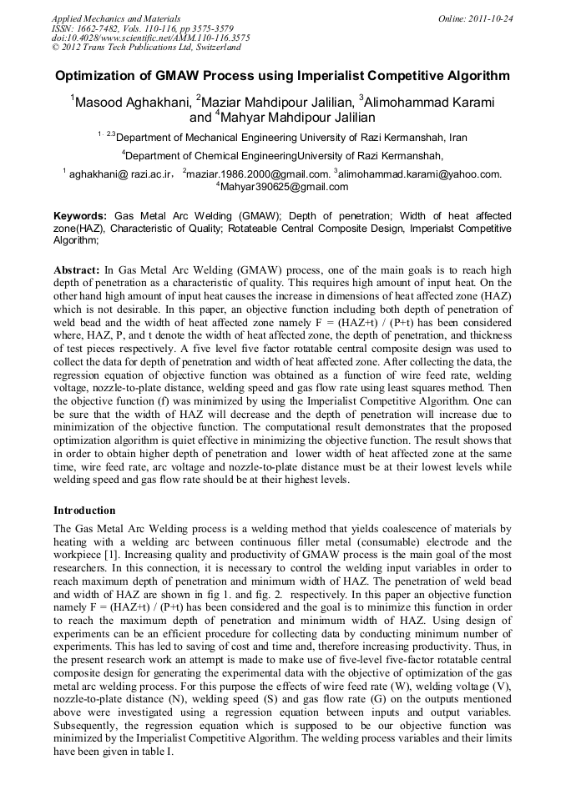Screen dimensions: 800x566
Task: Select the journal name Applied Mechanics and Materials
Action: click(116, 18)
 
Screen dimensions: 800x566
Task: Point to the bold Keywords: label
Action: click(80, 215)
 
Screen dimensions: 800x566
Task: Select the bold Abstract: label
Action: click(77, 271)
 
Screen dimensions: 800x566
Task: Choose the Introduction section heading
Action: click(84, 510)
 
